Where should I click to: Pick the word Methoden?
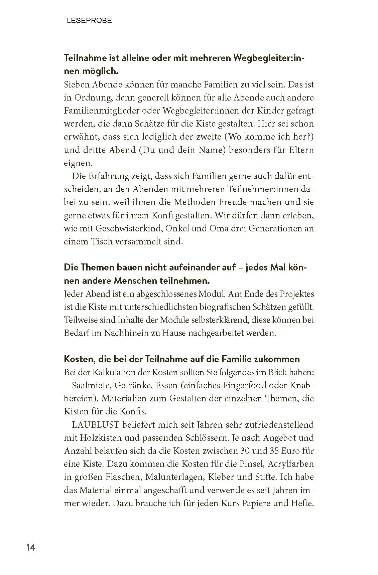[x=200, y=202]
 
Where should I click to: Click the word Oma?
[x=218, y=228]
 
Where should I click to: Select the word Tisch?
[x=101, y=241]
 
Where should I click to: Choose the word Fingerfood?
[x=244, y=385]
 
